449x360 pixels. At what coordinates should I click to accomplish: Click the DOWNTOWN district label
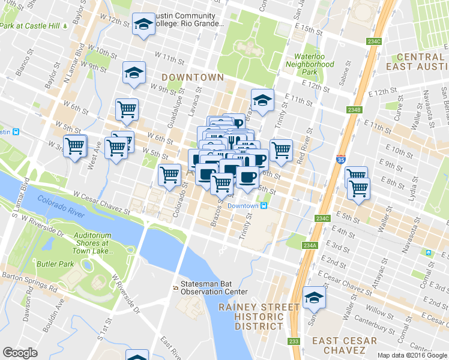tap(192, 77)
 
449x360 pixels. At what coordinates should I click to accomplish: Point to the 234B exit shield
tap(355, 109)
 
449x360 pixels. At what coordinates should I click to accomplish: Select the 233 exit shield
tap(294, 341)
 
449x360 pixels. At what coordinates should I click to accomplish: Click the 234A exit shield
tap(310, 245)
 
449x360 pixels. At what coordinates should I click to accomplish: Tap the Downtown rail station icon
tap(263, 206)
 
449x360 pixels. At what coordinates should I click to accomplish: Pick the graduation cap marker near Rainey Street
tap(313, 298)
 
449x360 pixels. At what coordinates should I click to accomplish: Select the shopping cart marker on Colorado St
tap(169, 175)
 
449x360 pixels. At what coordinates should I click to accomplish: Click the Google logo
tap(20, 353)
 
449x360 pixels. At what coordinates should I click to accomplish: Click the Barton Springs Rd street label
tap(30, 283)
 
